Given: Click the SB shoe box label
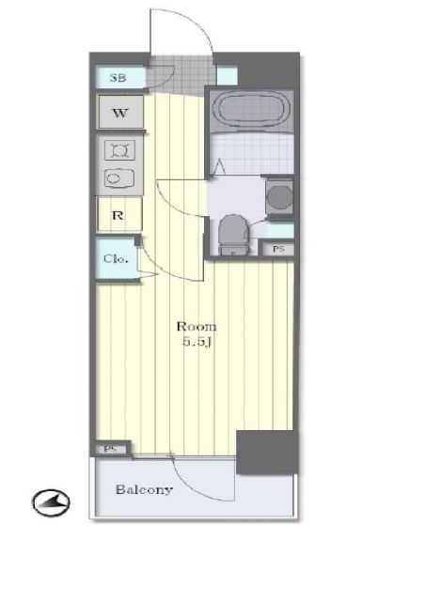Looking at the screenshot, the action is (x=118, y=78).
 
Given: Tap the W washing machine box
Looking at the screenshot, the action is (x=121, y=112).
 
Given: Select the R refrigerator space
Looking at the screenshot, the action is (x=119, y=214).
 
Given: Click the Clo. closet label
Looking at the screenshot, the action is (x=115, y=259).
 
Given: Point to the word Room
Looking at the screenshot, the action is (x=197, y=327).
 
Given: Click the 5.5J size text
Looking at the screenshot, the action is (x=197, y=342).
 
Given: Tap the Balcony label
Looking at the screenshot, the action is (x=144, y=489).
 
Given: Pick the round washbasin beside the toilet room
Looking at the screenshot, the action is (x=279, y=197).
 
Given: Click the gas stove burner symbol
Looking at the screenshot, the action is (x=119, y=150).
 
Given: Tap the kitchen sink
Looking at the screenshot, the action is (x=119, y=178).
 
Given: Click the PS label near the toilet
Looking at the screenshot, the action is (x=278, y=249).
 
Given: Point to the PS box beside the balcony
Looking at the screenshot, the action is (x=111, y=449).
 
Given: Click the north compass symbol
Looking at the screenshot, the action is (x=51, y=502).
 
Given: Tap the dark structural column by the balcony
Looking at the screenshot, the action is (x=267, y=453).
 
